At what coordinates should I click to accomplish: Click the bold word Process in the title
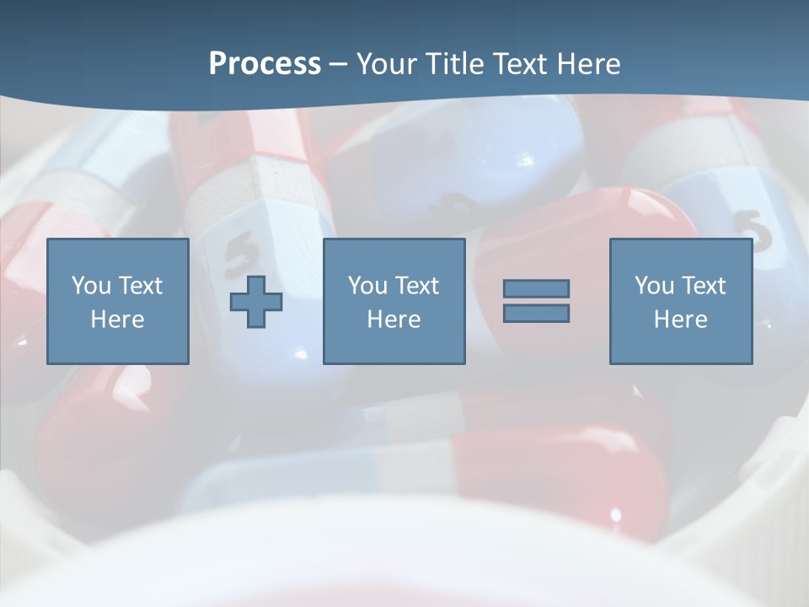(x=265, y=64)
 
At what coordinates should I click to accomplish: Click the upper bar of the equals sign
(x=536, y=288)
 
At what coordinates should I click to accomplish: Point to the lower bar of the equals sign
(x=536, y=313)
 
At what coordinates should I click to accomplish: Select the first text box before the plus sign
(x=118, y=253)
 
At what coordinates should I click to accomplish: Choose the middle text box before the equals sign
(x=394, y=253)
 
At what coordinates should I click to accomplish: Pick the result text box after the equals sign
(x=681, y=253)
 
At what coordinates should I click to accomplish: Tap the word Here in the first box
(x=118, y=320)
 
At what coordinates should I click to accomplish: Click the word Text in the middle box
(x=417, y=286)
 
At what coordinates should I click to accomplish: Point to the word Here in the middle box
(x=394, y=320)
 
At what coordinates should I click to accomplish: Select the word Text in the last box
(x=704, y=286)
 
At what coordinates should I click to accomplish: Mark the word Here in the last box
(x=681, y=320)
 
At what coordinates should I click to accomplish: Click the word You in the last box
(x=654, y=286)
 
